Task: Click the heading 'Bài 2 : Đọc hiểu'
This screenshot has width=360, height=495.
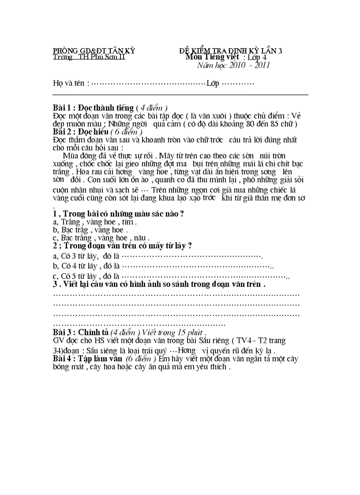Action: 81,131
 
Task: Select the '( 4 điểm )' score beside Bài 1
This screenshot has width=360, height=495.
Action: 152,108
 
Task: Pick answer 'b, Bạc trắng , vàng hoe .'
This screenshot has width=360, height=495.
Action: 90,230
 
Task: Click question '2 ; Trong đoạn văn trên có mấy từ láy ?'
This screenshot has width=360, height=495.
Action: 122,246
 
